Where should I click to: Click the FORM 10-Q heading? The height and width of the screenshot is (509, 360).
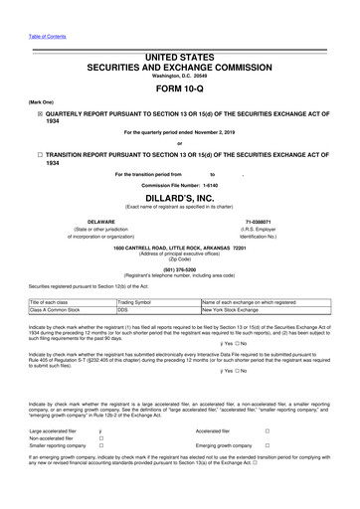pos(180,87)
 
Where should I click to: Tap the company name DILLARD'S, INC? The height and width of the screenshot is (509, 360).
pos(180,198)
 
